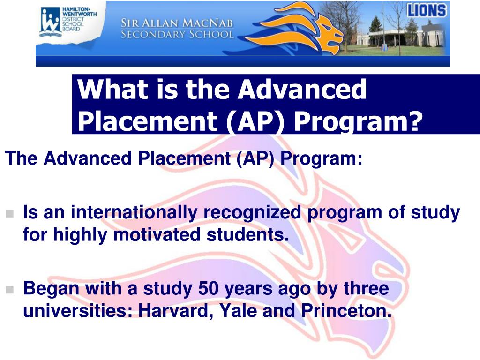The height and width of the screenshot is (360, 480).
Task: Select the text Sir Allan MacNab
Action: click(177, 23)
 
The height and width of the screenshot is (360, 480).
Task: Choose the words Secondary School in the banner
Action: click(177, 35)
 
